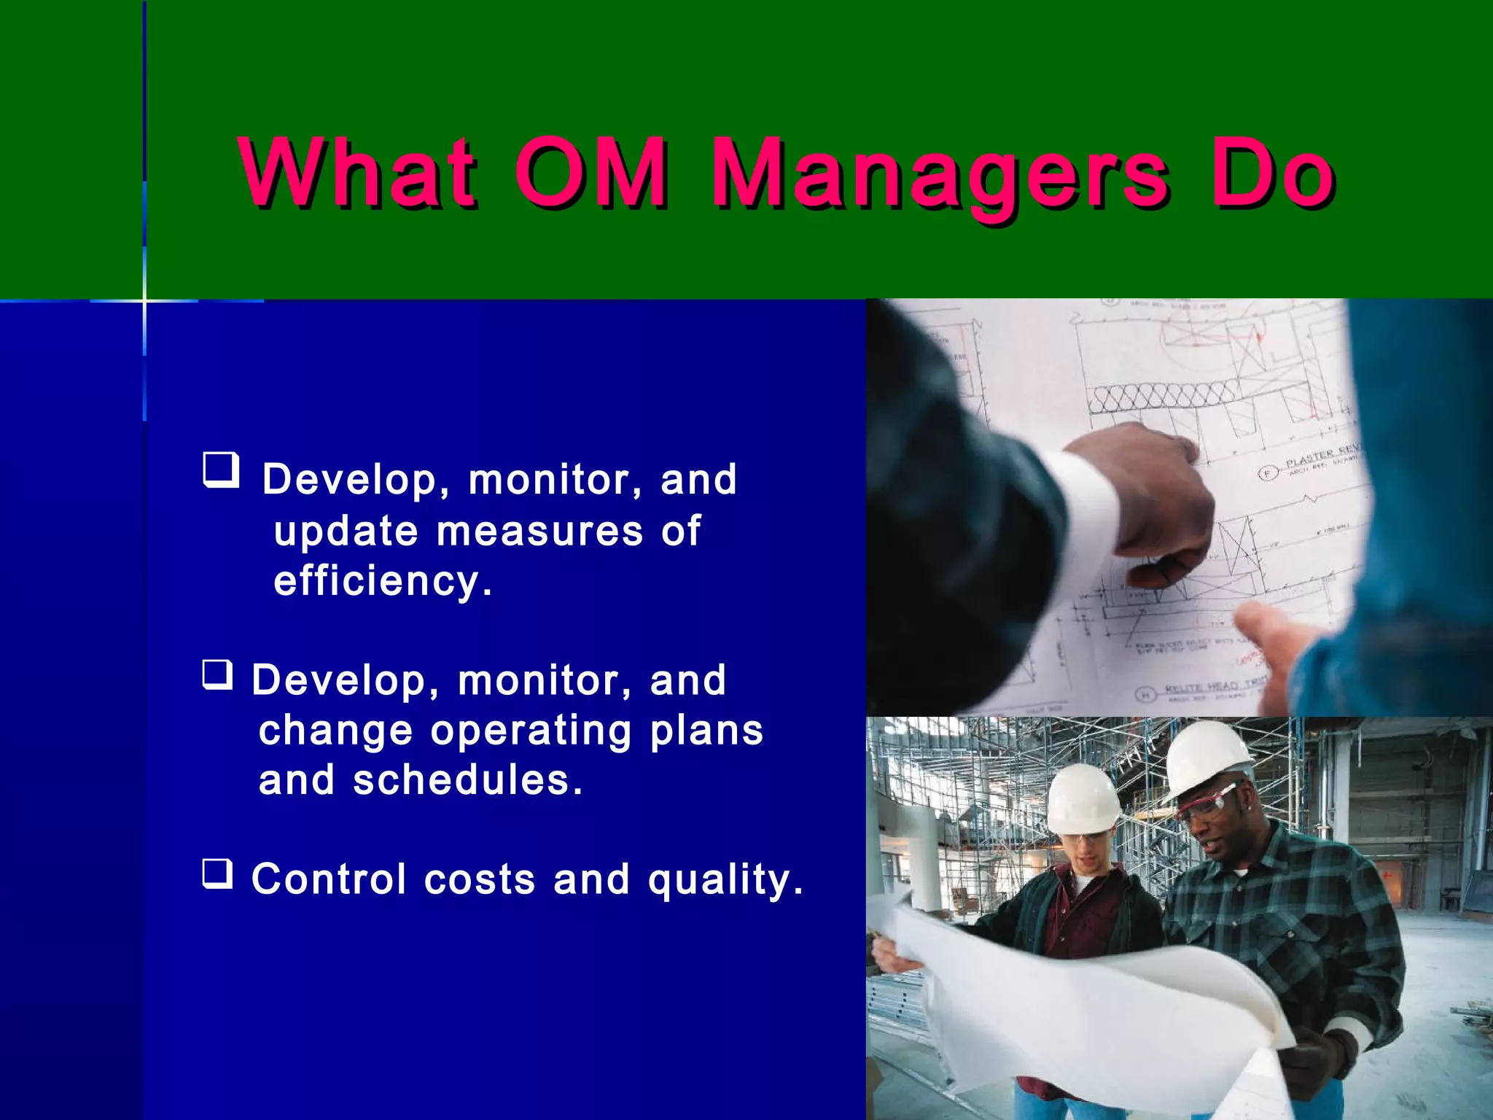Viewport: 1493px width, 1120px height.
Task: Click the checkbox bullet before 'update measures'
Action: (x=221, y=470)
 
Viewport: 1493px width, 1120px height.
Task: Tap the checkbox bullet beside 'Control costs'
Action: (x=217, y=874)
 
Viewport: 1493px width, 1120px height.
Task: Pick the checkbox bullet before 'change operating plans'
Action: (x=217, y=674)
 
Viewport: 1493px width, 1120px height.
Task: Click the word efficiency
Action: (x=383, y=582)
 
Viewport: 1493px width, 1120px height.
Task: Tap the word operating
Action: (x=531, y=731)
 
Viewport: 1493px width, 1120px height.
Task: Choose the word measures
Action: (x=539, y=531)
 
